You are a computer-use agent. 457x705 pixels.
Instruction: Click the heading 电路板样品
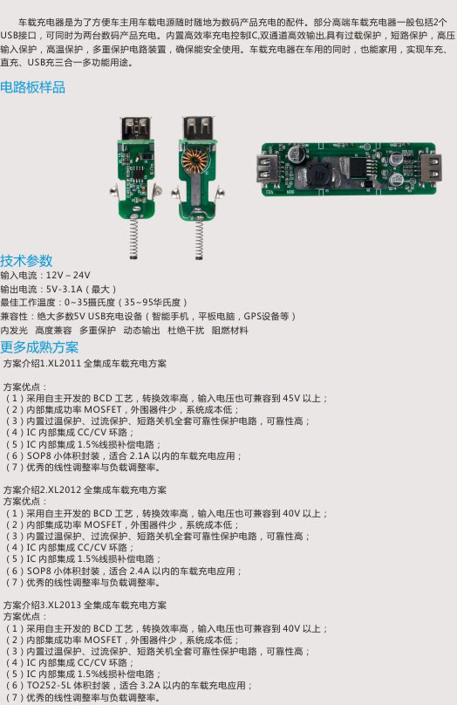pos(33,87)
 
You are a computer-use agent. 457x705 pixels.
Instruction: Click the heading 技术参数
pos(26,260)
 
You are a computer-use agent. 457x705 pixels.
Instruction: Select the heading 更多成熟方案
pos(39,347)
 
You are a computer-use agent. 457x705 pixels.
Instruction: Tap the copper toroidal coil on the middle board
pos(194,160)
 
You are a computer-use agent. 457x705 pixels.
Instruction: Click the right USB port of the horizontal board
pos(431,168)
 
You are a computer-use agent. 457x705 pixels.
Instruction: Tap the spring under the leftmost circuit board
pos(133,236)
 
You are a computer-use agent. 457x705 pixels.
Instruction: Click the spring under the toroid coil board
pos(199,239)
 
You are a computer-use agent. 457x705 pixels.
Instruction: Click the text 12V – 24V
pos(68,275)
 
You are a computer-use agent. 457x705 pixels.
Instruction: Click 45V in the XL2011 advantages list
pos(291,399)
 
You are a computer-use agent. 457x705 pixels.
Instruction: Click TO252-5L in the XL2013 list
pos(47,686)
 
